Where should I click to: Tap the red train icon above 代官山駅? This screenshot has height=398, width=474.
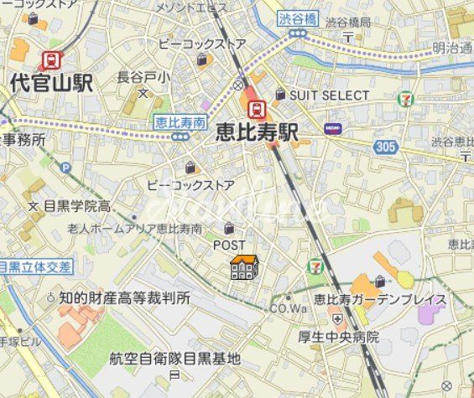(x=52, y=59)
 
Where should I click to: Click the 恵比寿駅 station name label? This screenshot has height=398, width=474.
(x=257, y=132)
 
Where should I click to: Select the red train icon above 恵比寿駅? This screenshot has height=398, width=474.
(x=257, y=109)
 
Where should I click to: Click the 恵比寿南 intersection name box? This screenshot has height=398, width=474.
(x=180, y=122)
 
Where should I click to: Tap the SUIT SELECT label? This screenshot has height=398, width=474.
(x=329, y=96)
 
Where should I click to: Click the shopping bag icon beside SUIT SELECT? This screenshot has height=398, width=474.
(x=280, y=95)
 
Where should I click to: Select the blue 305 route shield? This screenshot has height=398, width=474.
(x=385, y=147)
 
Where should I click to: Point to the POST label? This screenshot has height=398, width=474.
(x=229, y=245)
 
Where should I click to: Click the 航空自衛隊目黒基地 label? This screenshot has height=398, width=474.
(x=174, y=359)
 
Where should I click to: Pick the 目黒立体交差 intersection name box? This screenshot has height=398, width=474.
(x=35, y=266)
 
